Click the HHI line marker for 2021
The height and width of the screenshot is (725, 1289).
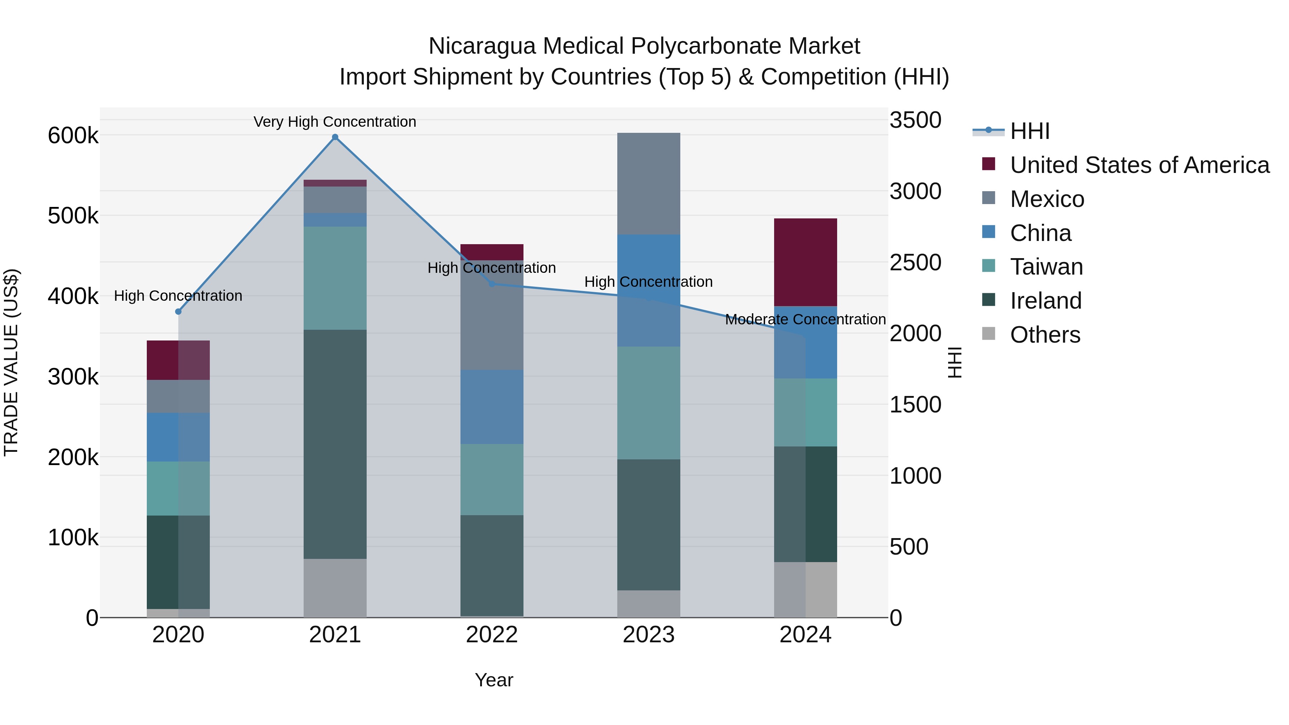(335, 137)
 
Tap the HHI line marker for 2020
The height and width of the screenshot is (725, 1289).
(178, 312)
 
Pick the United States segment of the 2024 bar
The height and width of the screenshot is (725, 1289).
(805, 262)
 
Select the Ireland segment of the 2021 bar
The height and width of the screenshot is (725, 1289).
(335, 444)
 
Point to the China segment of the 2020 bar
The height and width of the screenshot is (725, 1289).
(178, 437)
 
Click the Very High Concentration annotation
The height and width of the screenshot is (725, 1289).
(335, 122)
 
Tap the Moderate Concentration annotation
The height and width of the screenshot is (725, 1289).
(805, 319)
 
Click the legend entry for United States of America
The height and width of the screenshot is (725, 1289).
(1139, 165)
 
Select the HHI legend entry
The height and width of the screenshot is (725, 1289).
(1029, 131)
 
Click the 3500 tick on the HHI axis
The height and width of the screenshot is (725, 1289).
(915, 121)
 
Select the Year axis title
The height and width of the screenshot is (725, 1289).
(494, 680)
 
